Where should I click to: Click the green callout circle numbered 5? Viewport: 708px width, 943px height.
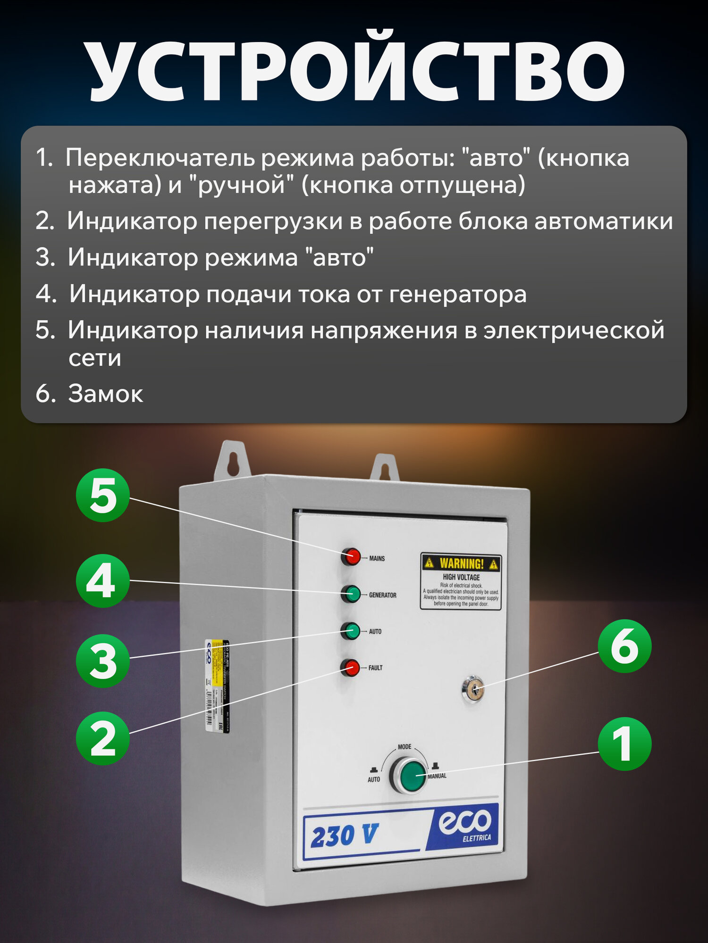(103, 495)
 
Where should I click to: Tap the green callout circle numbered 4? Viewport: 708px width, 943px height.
(103, 581)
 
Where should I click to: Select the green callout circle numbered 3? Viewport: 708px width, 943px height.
(103, 661)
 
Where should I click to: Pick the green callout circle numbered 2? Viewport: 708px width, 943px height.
(103, 738)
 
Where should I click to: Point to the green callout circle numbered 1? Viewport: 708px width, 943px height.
(624, 744)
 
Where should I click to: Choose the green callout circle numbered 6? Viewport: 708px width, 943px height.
(624, 646)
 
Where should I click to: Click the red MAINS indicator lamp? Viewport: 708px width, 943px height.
(351, 557)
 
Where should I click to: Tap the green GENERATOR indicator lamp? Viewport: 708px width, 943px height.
(351, 594)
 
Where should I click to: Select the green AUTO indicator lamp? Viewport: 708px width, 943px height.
(351, 631)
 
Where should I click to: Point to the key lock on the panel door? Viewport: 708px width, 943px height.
(473, 690)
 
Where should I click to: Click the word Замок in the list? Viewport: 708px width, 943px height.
(105, 393)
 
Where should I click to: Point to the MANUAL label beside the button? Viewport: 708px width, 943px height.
(437, 776)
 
